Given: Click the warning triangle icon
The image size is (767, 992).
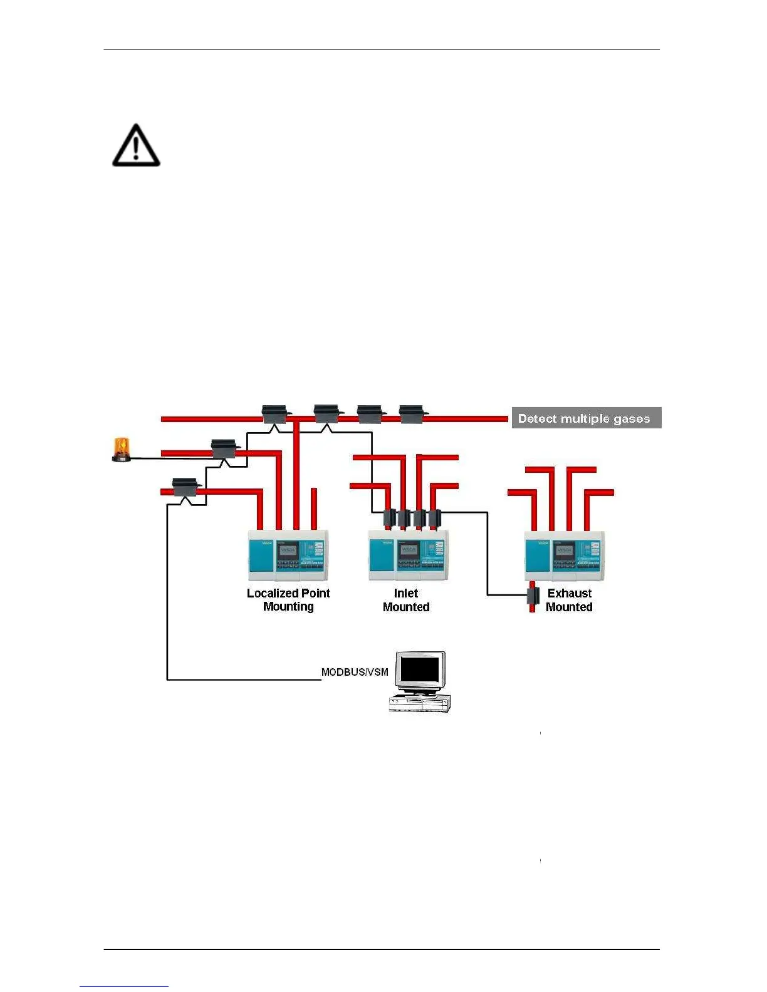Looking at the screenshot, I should pyautogui.click(x=136, y=146).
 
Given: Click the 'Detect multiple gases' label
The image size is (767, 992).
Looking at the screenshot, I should pyautogui.click(x=586, y=418).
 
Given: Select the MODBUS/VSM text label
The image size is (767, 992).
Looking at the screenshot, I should pyautogui.click(x=355, y=672).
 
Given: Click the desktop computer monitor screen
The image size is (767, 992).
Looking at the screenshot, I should pyautogui.click(x=420, y=669).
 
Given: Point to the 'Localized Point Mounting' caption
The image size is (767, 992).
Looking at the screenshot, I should pyautogui.click(x=288, y=599).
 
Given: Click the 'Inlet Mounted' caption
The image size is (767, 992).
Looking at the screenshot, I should pyautogui.click(x=406, y=600).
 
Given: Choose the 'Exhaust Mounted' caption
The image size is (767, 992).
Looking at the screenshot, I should pyautogui.click(x=569, y=600).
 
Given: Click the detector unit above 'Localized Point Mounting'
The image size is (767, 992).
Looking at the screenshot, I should pyautogui.click(x=288, y=555).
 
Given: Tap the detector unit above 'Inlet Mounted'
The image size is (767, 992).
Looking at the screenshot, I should pyautogui.click(x=409, y=555).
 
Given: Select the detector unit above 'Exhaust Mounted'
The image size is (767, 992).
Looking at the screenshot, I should pyautogui.click(x=565, y=555).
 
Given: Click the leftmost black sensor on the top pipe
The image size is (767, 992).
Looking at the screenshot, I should pyautogui.click(x=274, y=414).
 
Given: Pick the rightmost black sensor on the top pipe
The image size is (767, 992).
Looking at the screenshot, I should pyautogui.click(x=412, y=414).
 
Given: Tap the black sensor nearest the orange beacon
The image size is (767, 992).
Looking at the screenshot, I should pyautogui.click(x=224, y=448).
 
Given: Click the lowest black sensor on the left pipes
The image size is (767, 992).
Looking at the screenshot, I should pyautogui.click(x=185, y=487).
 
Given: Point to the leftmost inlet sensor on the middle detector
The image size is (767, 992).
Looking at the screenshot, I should pyautogui.click(x=389, y=518).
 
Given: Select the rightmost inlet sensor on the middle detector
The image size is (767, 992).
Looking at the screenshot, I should pyautogui.click(x=435, y=518).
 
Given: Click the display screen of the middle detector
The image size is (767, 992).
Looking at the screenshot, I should pyautogui.click(x=409, y=550).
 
